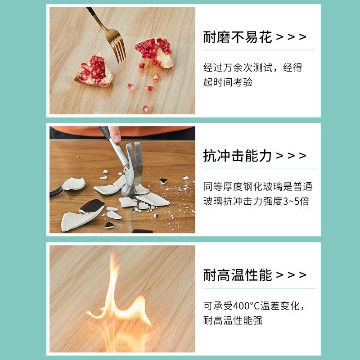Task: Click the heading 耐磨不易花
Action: point(238,37)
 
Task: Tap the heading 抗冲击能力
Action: point(238,156)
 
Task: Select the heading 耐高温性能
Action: point(238,275)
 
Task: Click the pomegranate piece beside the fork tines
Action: point(154,52)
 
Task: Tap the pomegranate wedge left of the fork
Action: point(94,71)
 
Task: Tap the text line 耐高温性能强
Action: point(233,321)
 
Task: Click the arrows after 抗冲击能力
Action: point(291,156)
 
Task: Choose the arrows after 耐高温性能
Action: point(291,275)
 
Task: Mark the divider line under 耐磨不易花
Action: point(259,50)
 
